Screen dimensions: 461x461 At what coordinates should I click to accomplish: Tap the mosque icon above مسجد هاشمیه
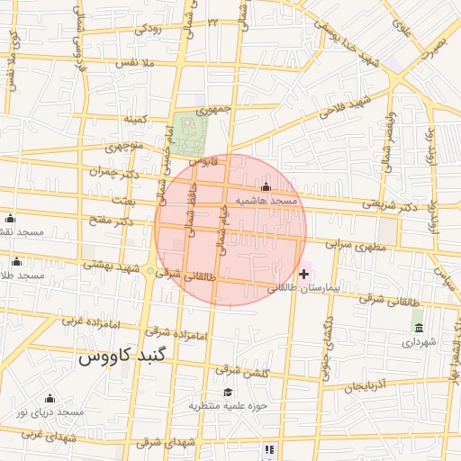(x=265, y=188)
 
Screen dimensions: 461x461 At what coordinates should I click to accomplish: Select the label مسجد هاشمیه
(x=267, y=201)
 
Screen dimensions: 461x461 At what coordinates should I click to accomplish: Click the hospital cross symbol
(x=304, y=273)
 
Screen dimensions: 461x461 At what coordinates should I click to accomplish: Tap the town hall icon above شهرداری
(x=418, y=326)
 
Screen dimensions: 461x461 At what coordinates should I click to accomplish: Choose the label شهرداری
(x=419, y=341)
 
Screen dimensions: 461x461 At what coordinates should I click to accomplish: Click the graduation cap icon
(x=228, y=392)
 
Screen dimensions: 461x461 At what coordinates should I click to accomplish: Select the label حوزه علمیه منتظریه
(x=229, y=406)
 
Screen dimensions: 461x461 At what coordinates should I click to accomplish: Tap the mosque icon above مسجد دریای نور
(x=49, y=398)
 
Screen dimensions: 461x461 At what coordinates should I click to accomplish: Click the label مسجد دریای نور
(x=50, y=411)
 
